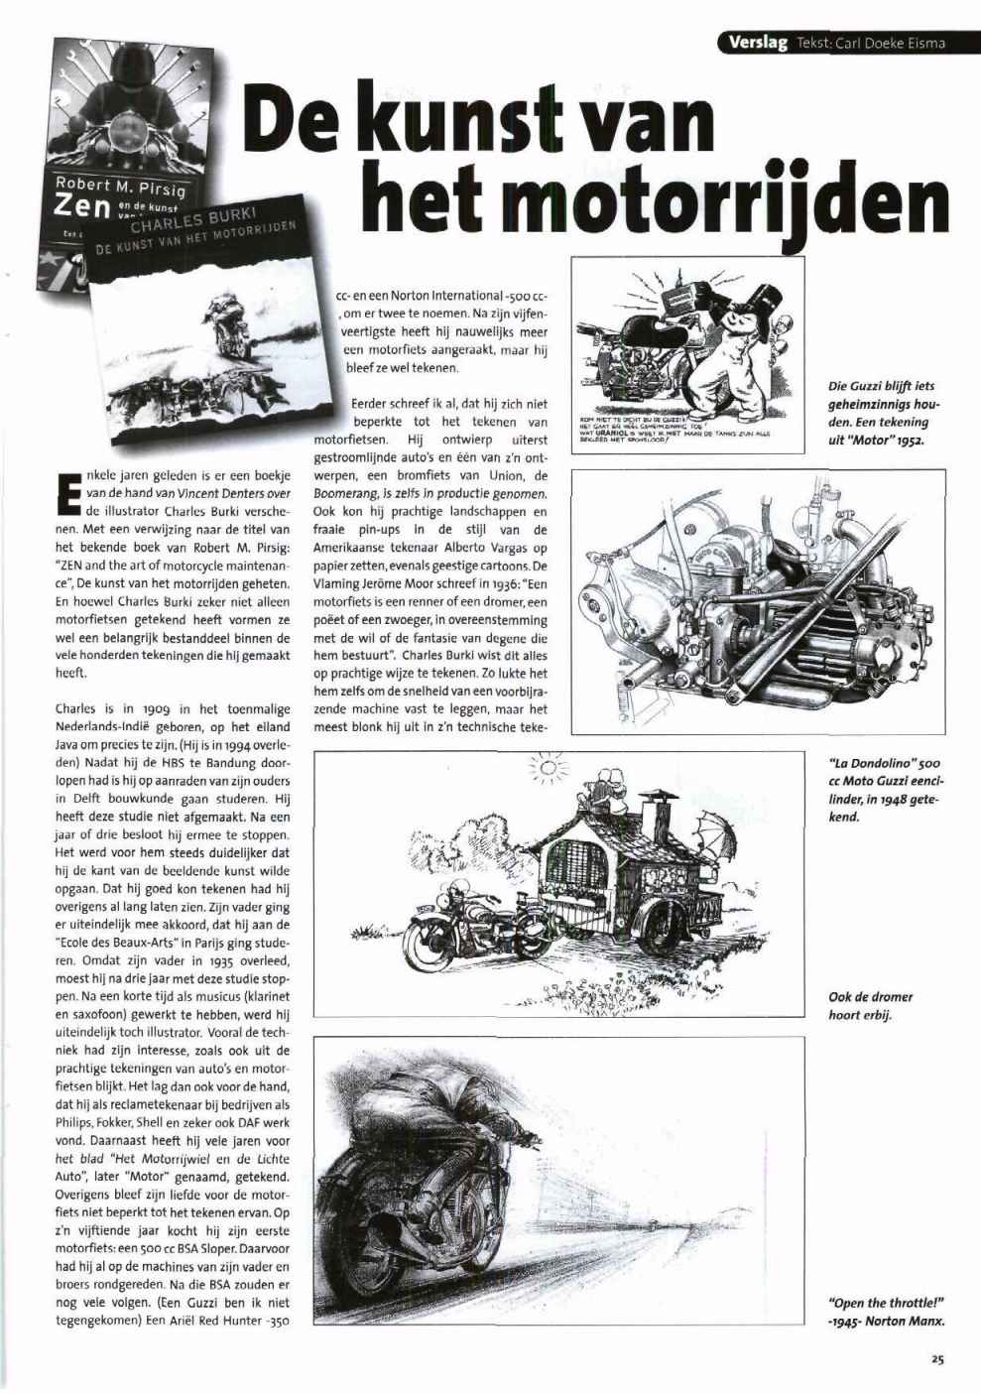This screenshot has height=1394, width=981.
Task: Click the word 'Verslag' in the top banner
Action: coord(758,43)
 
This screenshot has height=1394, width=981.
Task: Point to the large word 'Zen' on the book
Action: coord(76,206)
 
